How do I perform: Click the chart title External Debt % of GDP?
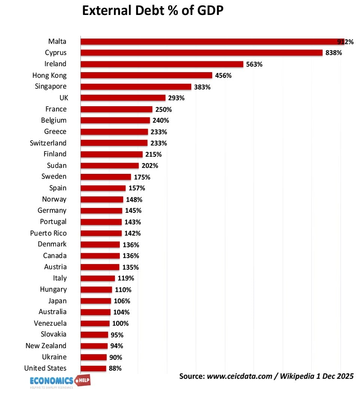(x=153, y=11)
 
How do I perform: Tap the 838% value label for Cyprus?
(x=333, y=53)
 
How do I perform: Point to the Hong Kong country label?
(x=49, y=75)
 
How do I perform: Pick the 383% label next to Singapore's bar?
(x=202, y=87)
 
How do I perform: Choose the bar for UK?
(x=123, y=98)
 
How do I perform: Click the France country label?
(x=56, y=109)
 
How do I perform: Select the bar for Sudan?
(x=109, y=166)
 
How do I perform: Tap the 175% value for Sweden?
(x=142, y=177)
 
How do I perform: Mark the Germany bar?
(x=101, y=211)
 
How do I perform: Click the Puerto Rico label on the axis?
(x=48, y=233)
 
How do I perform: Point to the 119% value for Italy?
(x=126, y=278)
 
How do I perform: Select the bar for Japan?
(x=96, y=301)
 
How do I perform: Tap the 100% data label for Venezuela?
(x=120, y=323)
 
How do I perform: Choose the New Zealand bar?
(x=94, y=346)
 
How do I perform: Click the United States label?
(x=45, y=368)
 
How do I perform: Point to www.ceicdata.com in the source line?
(x=239, y=376)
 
